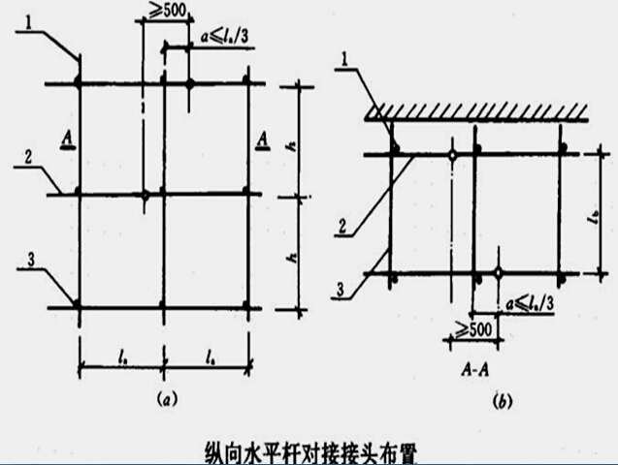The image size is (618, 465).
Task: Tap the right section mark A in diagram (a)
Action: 263,141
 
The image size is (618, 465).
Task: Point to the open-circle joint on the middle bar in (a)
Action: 145,197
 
